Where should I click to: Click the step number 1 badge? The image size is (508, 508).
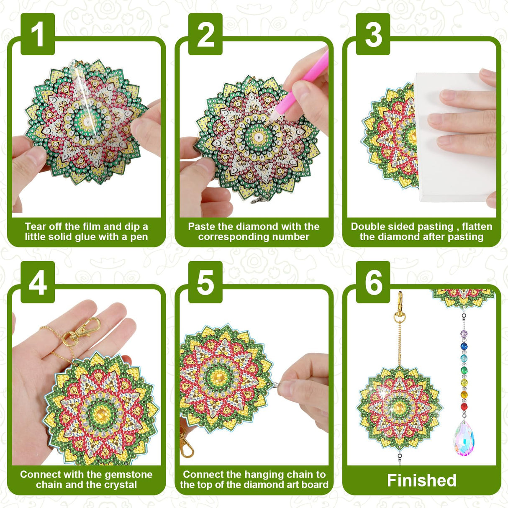click(x=38, y=34)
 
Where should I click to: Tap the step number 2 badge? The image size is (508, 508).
click(x=205, y=34)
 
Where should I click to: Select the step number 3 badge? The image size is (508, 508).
click(x=373, y=34)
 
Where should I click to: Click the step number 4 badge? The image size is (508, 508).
click(x=38, y=282)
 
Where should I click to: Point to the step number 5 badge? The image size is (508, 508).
click(x=205, y=282)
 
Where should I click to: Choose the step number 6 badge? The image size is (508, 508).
click(x=373, y=282)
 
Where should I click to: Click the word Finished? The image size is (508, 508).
click(x=421, y=480)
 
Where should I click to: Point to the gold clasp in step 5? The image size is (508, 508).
click(x=186, y=446)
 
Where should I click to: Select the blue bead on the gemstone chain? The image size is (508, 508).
click(x=464, y=346)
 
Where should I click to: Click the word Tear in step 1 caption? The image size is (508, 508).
click(x=35, y=226)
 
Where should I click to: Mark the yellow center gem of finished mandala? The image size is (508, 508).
click(x=398, y=405)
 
